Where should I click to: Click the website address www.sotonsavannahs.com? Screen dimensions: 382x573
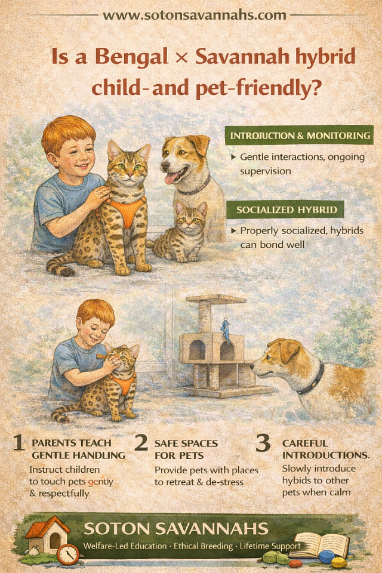pos(194,15)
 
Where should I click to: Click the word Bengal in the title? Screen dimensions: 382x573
pos(132,57)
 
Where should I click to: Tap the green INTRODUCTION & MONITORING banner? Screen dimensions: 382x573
pos(300,135)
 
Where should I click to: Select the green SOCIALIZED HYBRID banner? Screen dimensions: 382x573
pos(285,210)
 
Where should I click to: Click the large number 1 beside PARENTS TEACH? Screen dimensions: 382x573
pos(19,443)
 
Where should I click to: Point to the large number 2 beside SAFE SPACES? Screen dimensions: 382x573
pos(141,442)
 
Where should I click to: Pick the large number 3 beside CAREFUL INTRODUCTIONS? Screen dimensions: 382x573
pos(263,442)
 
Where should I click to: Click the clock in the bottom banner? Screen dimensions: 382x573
pos(68,554)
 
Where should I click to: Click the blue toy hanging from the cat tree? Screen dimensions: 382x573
pos(226,331)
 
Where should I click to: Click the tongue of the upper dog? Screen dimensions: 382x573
pos(170,178)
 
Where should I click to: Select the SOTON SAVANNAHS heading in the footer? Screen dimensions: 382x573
pos(176,529)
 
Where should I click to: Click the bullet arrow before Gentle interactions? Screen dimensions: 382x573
pos(233,157)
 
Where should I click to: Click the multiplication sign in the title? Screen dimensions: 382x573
pos(181,58)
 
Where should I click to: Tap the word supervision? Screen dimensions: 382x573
pos(266,171)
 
